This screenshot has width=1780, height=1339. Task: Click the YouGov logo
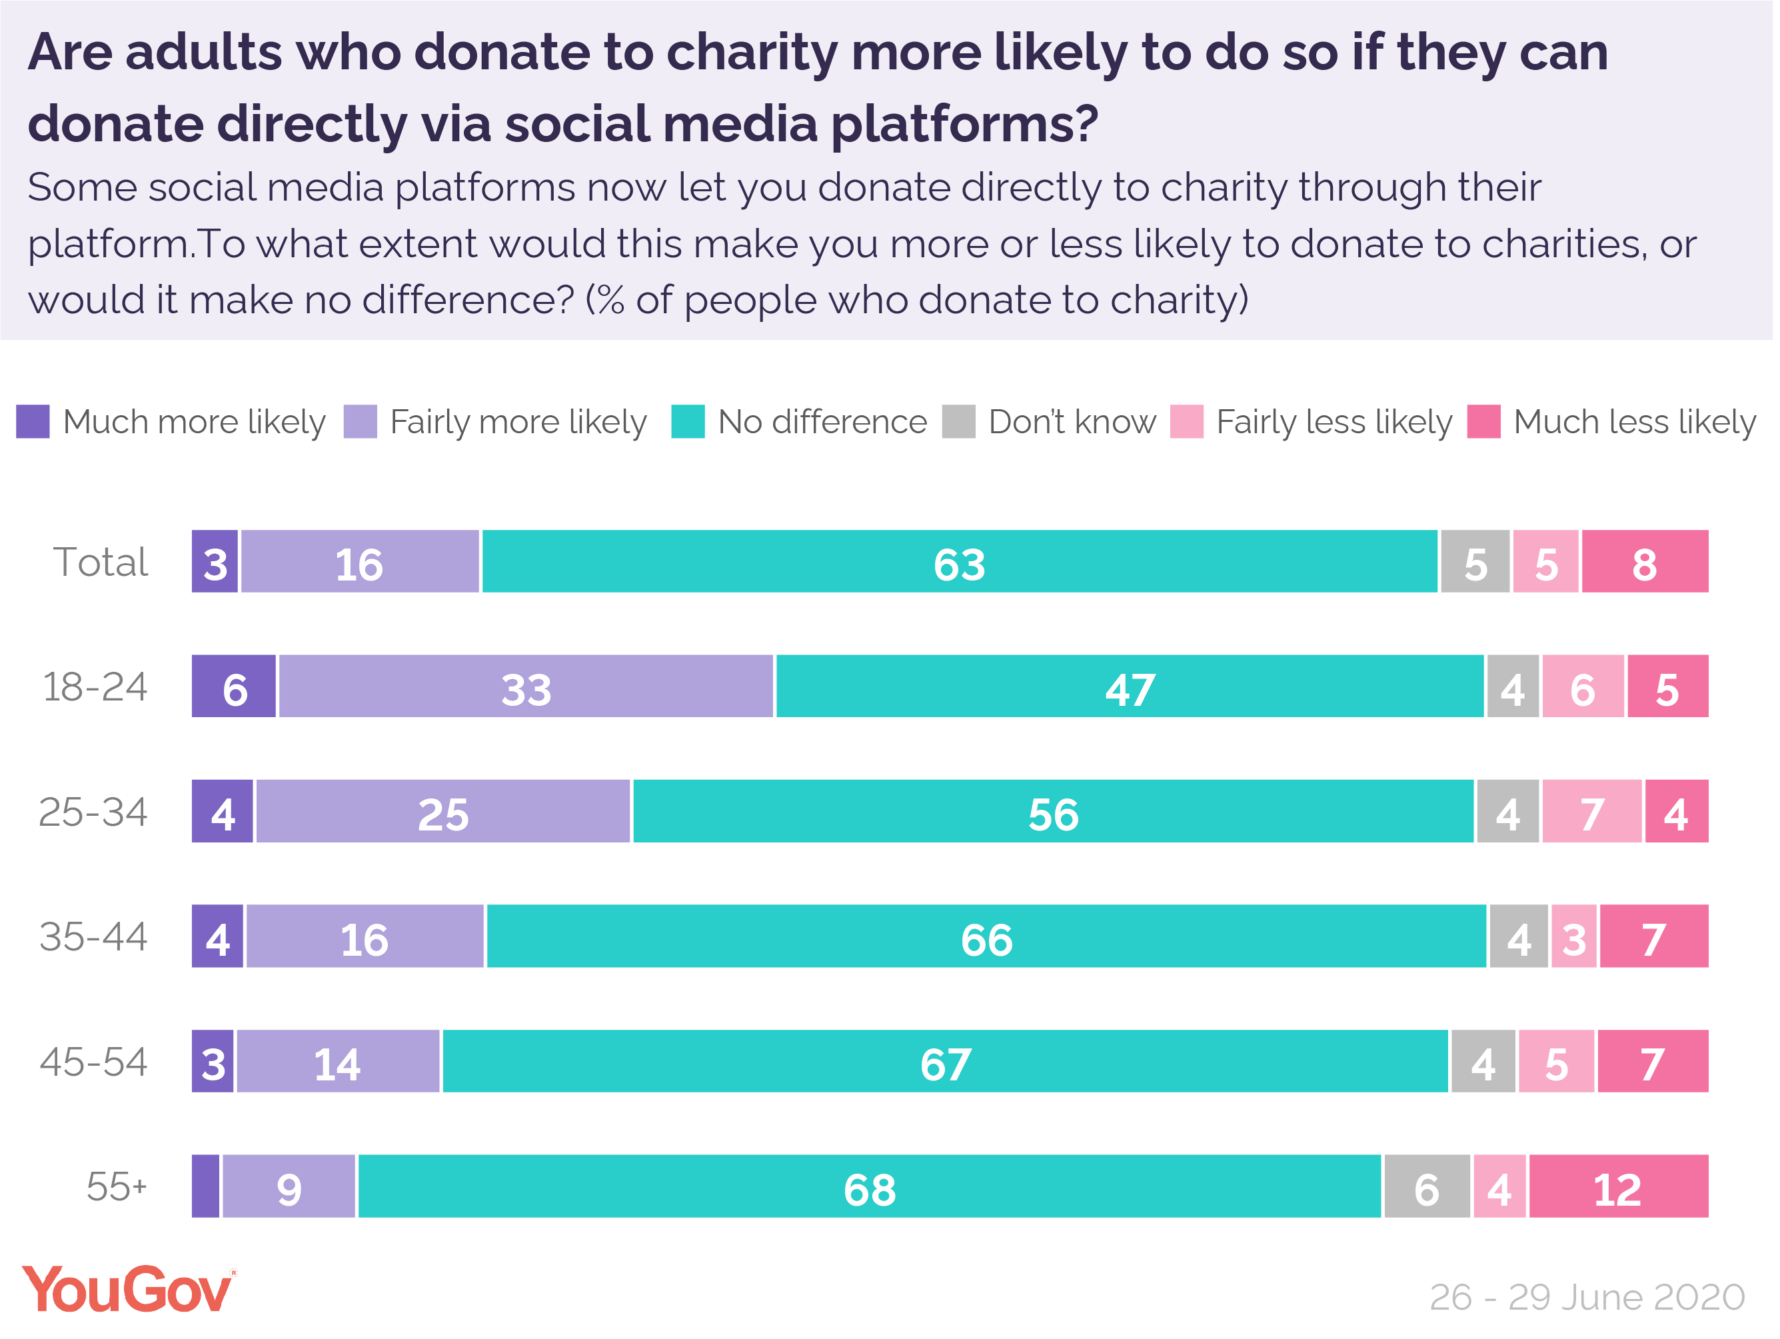pyautogui.click(x=129, y=1290)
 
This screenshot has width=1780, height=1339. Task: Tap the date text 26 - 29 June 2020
pyautogui.click(x=1587, y=1298)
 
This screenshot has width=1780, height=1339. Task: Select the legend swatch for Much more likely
pyautogui.click(x=33, y=423)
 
